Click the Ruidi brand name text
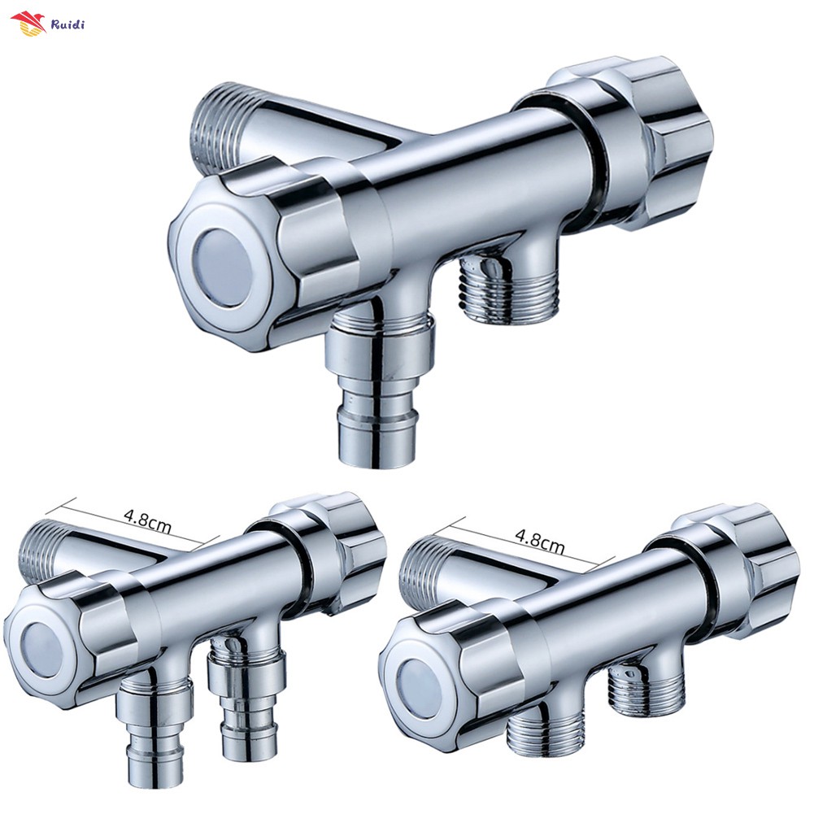point(67,24)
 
